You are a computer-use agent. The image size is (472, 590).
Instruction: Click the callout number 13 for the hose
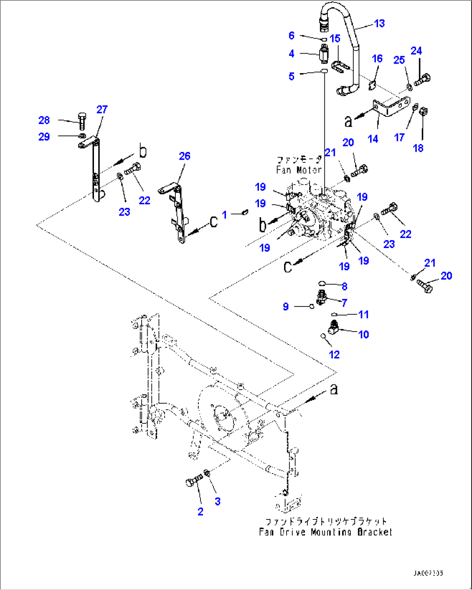click(379, 23)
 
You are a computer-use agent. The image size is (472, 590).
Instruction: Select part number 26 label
click(184, 156)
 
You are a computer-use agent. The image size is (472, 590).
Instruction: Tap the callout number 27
click(102, 110)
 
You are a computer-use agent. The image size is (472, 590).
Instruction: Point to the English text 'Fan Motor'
click(299, 170)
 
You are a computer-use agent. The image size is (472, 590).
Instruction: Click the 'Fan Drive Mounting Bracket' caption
click(325, 532)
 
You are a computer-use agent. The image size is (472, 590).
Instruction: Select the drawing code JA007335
click(428, 573)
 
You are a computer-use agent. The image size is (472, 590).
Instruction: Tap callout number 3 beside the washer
click(217, 501)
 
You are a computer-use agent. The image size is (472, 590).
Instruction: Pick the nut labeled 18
click(424, 112)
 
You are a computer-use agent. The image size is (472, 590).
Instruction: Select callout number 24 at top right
click(416, 51)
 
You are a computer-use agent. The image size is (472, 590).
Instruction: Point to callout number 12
click(334, 355)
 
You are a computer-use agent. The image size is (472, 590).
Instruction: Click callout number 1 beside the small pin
click(224, 214)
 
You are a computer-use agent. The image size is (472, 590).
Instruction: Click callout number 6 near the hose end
click(291, 35)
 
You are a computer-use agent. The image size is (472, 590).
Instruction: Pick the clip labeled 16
click(372, 85)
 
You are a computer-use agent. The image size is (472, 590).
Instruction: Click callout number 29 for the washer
click(44, 137)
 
